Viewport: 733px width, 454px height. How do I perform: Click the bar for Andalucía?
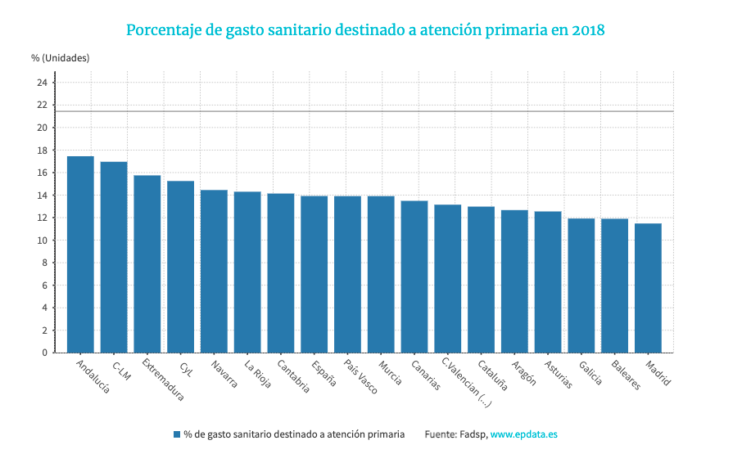(x=80, y=254)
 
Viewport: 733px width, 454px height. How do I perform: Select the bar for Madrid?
(x=648, y=288)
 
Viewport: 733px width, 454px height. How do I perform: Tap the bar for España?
(x=314, y=274)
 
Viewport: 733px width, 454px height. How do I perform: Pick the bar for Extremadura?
(x=147, y=263)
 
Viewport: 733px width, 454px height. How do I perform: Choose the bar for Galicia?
(x=581, y=285)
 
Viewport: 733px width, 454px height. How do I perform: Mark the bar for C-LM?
(x=114, y=257)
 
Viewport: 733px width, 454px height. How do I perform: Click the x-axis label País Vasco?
(x=361, y=376)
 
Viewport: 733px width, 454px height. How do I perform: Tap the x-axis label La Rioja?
(x=258, y=372)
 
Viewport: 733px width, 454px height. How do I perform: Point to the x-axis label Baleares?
(x=626, y=374)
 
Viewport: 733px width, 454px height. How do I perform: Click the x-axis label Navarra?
(x=224, y=373)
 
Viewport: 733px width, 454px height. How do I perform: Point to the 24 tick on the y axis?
(x=41, y=83)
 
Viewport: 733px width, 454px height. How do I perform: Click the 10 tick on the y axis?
(x=41, y=240)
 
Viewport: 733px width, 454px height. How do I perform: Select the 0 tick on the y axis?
(x=44, y=353)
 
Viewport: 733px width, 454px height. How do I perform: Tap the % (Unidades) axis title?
(x=61, y=58)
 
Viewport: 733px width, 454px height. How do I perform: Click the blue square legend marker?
(x=176, y=434)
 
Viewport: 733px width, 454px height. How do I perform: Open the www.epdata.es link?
(x=523, y=434)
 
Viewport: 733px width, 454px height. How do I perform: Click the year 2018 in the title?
(x=588, y=30)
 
